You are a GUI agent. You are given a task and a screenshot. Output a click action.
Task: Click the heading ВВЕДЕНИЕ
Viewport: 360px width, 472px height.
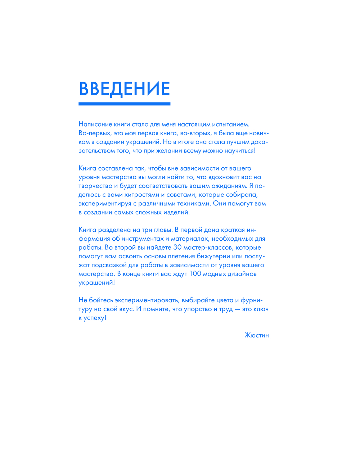point(124,88)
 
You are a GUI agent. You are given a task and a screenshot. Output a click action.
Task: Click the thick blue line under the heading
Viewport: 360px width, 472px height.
point(124,104)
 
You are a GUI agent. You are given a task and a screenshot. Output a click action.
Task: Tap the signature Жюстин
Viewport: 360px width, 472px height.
point(256,335)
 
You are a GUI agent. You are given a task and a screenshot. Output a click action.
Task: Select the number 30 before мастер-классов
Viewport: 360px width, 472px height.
point(177,248)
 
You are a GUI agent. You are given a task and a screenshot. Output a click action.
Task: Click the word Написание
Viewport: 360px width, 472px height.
point(95,124)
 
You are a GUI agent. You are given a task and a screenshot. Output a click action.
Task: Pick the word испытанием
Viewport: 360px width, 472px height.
point(231,124)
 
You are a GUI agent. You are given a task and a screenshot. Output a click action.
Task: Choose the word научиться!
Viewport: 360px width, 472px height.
point(240,151)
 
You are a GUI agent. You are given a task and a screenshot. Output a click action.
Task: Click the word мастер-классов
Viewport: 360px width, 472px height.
point(208,248)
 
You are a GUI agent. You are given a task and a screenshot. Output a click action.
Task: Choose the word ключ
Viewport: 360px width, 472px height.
point(261,309)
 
